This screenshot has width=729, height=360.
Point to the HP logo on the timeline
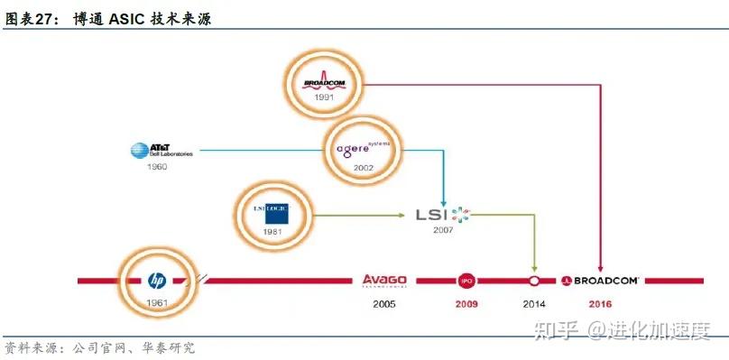click(156, 281)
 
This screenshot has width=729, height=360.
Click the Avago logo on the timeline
click(384, 281)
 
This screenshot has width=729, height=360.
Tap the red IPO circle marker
click(466, 281)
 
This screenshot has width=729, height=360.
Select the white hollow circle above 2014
click(534, 281)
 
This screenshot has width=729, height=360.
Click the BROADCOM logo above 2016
click(601, 281)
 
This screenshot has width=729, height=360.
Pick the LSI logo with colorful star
click(442, 215)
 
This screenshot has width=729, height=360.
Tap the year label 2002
click(364, 169)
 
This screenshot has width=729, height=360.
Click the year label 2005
click(384, 304)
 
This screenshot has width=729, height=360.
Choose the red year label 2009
click(466, 304)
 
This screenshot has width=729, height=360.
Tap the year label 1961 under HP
click(157, 302)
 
